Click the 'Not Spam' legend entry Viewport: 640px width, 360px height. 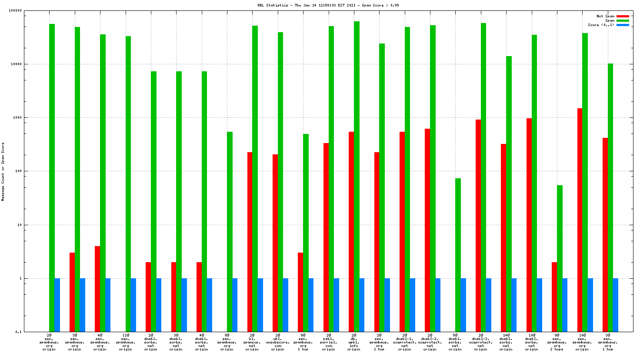605,16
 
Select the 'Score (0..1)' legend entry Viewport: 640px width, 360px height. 601,25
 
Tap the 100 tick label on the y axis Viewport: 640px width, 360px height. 18,171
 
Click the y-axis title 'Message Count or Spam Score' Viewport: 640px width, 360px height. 3,172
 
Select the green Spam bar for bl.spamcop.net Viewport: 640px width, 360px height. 255,178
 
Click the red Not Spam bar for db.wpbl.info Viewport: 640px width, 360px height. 351,231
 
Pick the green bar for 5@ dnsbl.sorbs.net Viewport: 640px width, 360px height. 458,255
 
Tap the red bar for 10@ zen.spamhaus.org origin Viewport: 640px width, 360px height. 580,220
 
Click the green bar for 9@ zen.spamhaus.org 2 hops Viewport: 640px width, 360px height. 560,258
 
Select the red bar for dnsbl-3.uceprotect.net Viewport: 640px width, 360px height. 478,225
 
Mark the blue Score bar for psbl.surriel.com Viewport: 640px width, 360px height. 336,305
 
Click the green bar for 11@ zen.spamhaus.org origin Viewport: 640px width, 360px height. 128,183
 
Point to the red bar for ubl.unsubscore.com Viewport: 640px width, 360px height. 275,243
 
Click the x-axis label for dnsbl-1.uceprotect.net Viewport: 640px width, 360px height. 404,342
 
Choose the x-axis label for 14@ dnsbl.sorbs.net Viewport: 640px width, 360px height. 506,342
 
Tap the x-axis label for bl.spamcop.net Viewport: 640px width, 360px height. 252,342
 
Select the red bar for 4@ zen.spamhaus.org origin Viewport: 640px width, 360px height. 97,289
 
